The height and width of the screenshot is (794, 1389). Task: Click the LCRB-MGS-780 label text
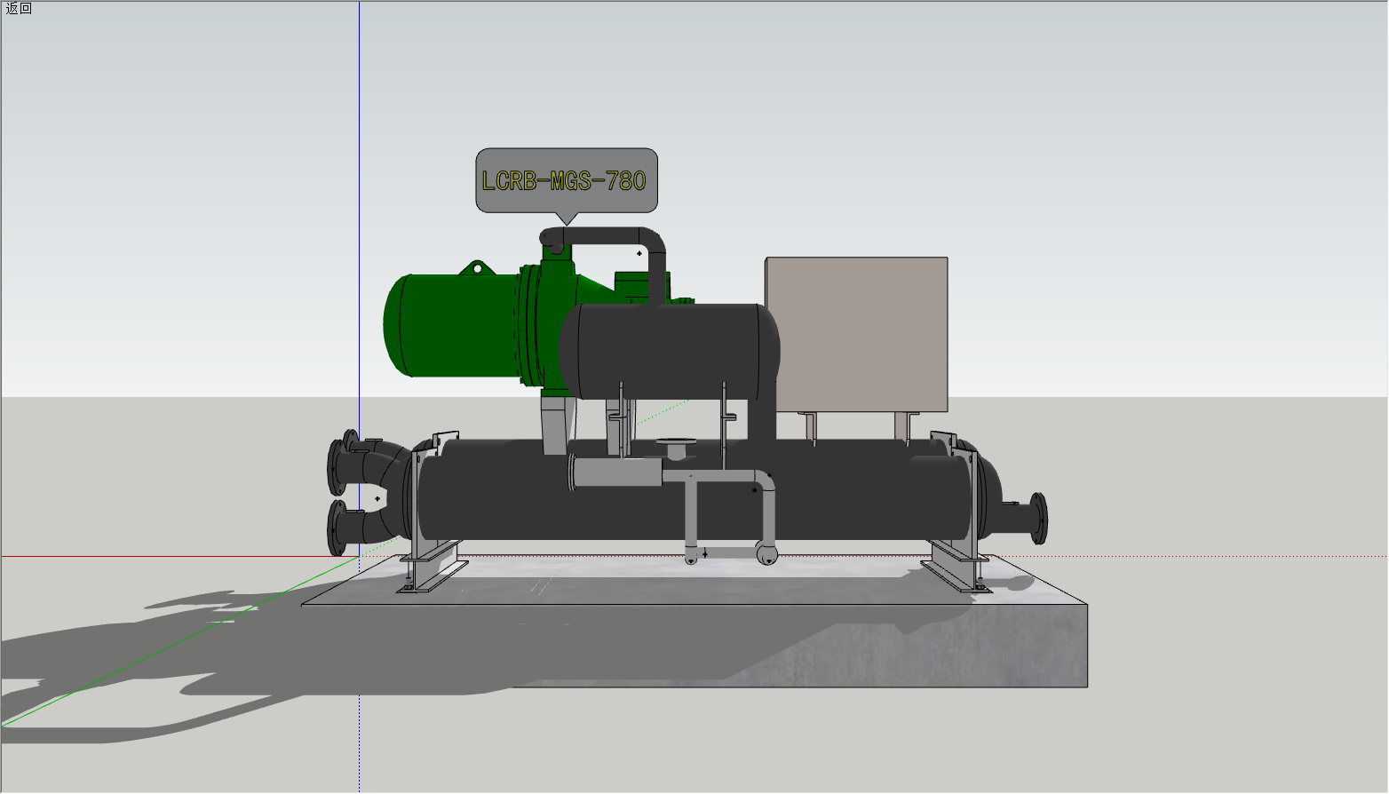pyautogui.click(x=564, y=181)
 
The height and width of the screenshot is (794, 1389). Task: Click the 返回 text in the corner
pyautogui.click(x=19, y=8)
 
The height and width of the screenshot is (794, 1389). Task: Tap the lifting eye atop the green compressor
pyautogui.click(x=477, y=268)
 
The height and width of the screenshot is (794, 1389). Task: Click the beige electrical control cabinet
pyautogui.click(x=856, y=334)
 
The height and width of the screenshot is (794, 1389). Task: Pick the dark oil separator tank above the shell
pyautogui.click(x=669, y=352)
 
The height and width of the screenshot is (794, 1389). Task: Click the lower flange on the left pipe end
pyautogui.click(x=337, y=528)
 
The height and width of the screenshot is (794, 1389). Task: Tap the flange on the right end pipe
pyautogui.click(x=1039, y=519)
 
